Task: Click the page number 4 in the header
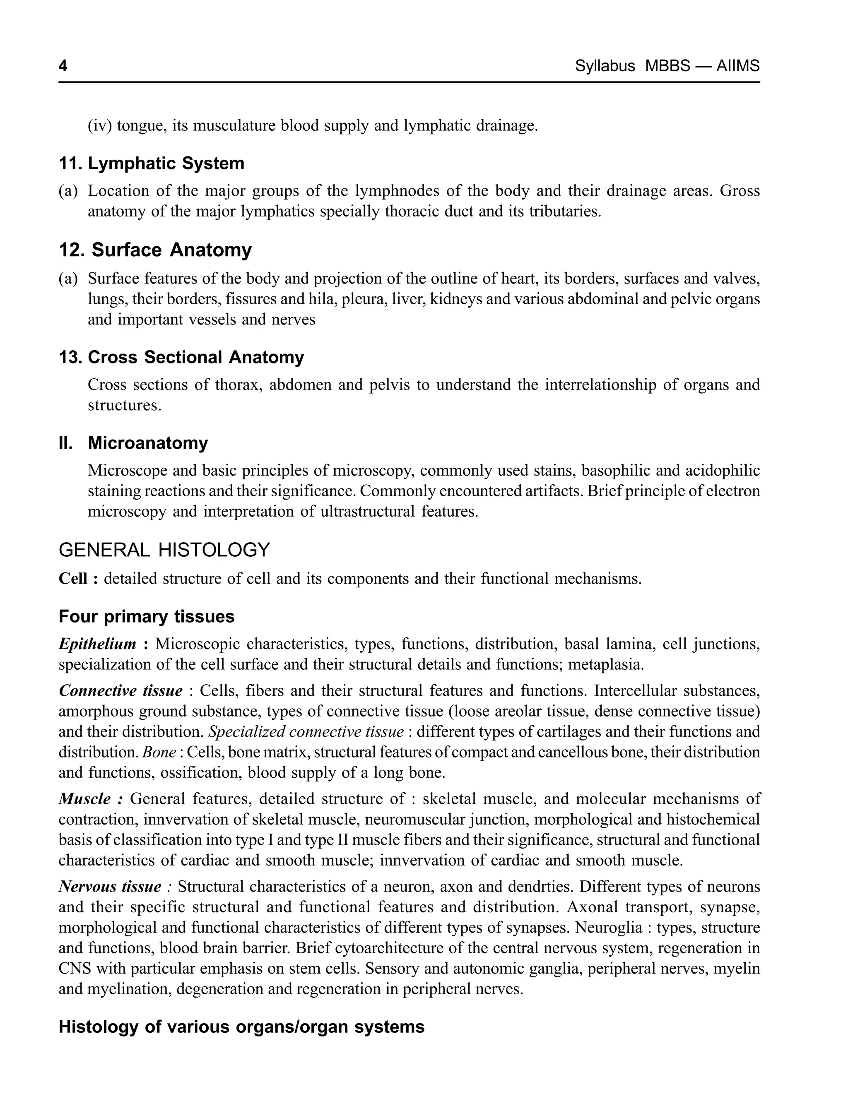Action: [63, 66]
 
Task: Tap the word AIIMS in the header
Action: [737, 66]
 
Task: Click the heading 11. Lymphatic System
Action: [152, 164]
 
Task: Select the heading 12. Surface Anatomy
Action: [155, 250]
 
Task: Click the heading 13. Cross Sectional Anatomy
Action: [181, 357]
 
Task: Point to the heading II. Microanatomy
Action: [133, 443]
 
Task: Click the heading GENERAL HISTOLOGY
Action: [164, 550]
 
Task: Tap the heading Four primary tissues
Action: [147, 616]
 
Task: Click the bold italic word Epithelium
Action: [97, 644]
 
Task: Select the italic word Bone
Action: [159, 752]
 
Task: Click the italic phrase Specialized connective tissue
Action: [306, 731]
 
